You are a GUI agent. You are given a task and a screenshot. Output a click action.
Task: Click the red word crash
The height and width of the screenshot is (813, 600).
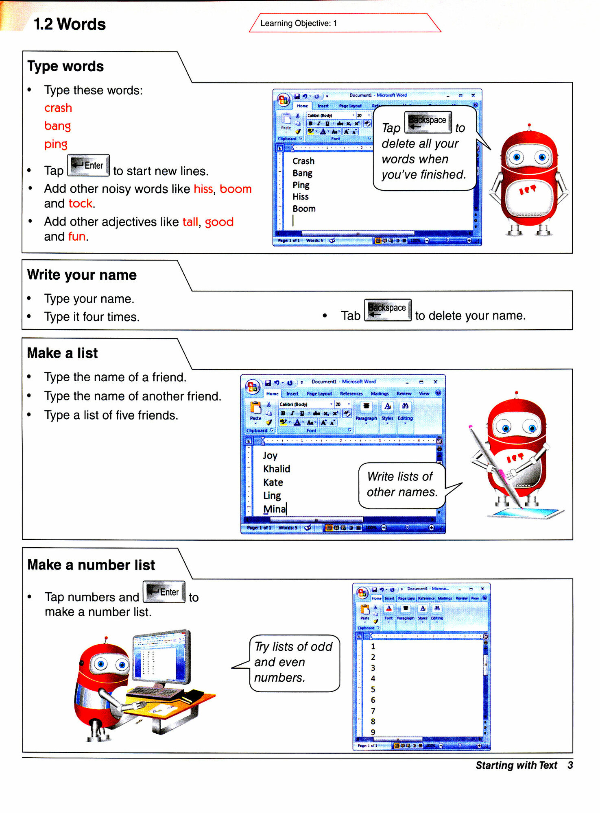(x=58, y=108)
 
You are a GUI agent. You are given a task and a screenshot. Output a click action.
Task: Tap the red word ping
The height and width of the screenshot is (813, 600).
(x=56, y=144)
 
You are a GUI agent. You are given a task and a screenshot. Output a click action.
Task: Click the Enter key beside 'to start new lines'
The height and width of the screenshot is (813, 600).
(x=88, y=165)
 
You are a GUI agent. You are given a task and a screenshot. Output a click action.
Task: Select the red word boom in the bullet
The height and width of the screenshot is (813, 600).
(x=236, y=189)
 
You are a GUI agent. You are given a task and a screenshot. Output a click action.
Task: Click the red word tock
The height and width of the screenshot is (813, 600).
(x=81, y=203)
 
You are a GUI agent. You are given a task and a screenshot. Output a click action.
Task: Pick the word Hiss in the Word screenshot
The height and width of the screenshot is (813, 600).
(x=301, y=197)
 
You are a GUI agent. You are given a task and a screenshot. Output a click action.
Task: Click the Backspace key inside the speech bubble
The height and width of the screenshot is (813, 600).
(x=428, y=122)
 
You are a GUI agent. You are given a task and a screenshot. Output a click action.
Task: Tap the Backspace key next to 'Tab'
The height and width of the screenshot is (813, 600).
(x=388, y=310)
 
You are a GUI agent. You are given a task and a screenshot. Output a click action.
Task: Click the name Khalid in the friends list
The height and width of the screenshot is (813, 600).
(x=277, y=469)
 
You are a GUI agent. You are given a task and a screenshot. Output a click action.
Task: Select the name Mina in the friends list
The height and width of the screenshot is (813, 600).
(x=275, y=509)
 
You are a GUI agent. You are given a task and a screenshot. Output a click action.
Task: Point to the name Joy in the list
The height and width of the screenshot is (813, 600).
(x=270, y=456)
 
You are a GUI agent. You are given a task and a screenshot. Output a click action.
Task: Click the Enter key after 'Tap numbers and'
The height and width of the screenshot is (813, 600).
(x=164, y=592)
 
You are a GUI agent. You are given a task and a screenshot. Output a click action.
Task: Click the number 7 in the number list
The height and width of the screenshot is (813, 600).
(x=373, y=711)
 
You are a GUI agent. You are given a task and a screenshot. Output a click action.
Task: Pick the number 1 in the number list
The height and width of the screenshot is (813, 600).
(x=373, y=646)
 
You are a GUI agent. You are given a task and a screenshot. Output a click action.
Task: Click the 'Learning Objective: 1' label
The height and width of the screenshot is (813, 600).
(x=299, y=23)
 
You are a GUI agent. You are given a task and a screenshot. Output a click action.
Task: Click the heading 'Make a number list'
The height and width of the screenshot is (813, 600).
(x=91, y=565)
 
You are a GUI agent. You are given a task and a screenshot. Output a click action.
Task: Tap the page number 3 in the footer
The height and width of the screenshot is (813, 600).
(x=570, y=765)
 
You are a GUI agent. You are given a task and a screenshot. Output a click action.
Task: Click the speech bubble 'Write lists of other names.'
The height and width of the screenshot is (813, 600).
(x=402, y=485)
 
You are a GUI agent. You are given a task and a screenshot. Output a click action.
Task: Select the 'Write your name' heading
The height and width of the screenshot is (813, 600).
(x=82, y=275)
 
